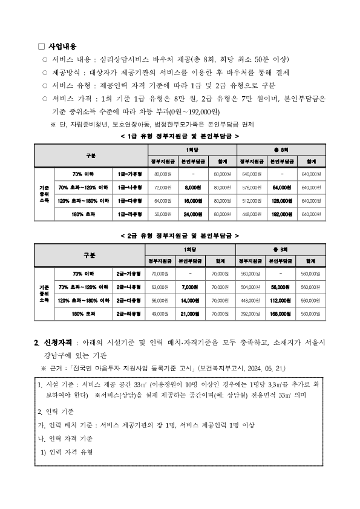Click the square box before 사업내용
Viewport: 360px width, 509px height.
click(x=41, y=47)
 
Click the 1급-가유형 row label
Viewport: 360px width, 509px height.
click(x=129, y=175)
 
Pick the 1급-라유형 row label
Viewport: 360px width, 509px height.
click(x=129, y=213)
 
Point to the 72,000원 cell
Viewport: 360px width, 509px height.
click(x=163, y=188)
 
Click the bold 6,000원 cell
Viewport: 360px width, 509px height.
click(x=192, y=188)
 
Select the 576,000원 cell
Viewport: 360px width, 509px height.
click(x=250, y=188)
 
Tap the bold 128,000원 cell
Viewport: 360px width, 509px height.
click(x=281, y=200)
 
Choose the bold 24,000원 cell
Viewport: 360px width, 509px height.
click(x=192, y=213)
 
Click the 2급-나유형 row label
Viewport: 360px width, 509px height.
click(x=128, y=287)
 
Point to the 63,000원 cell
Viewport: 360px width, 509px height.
click(x=160, y=287)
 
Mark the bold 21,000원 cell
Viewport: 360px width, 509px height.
click(x=190, y=314)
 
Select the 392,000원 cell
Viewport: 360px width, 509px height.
click(x=249, y=314)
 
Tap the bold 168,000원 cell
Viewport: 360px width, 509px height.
click(x=281, y=314)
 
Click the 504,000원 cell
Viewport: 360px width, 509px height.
click(x=249, y=287)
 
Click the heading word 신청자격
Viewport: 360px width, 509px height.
click(x=57, y=343)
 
